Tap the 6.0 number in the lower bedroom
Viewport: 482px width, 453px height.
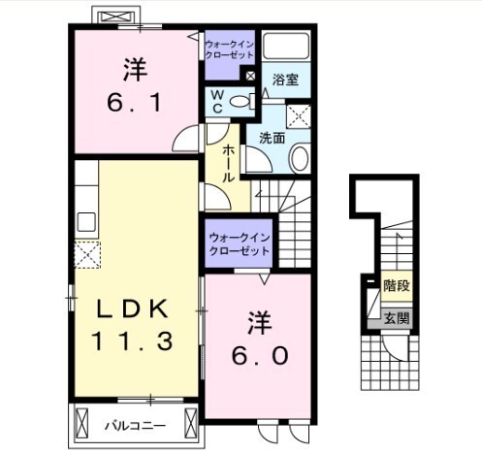258,354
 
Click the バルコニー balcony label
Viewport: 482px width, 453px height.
135,424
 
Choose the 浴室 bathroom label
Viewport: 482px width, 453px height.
284,80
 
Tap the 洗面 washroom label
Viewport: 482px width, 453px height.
272,138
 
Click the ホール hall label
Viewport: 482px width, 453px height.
226,164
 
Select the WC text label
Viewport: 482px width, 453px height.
216,102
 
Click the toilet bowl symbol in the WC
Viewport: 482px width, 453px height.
241,100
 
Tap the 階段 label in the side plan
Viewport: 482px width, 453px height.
396,286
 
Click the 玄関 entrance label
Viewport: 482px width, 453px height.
396,317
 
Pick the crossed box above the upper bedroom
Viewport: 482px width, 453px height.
115,17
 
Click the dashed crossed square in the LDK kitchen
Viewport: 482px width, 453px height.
89,255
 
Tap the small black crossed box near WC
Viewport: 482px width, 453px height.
250,75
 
